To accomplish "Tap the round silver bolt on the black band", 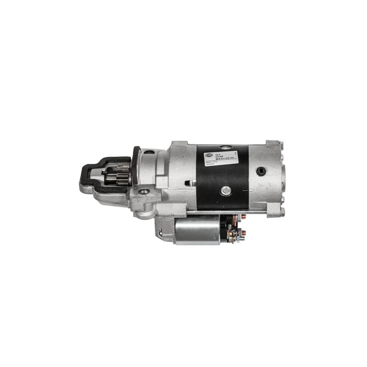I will pyautogui.click(x=226, y=190).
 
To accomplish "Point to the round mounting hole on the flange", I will pyautogui.click(x=144, y=191).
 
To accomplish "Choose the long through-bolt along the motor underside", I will pyautogui.click(x=228, y=212).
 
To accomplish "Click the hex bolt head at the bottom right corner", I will pyautogui.click(x=282, y=211).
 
